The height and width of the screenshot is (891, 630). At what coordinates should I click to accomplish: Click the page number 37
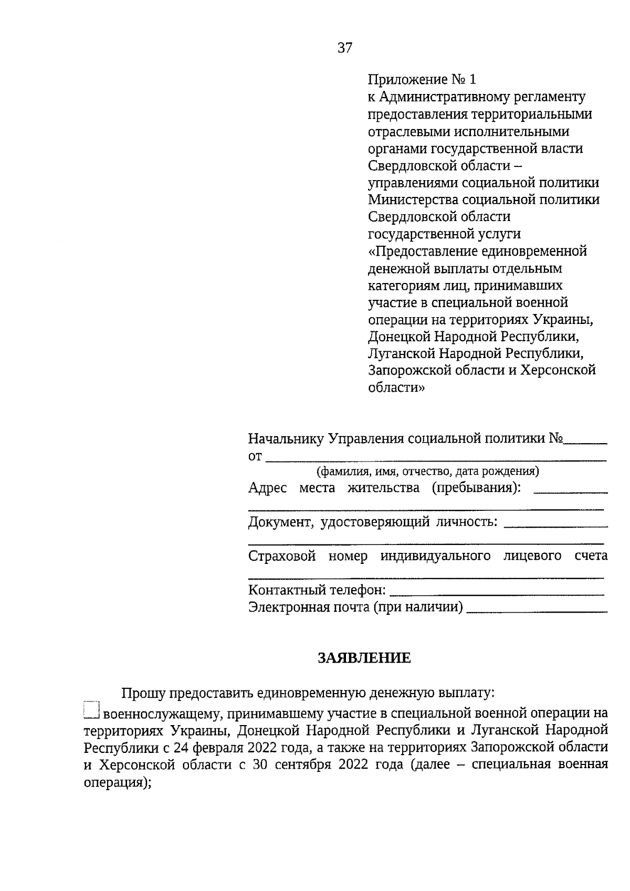click(345, 48)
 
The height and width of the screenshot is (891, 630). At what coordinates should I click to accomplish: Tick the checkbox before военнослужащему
click(91, 710)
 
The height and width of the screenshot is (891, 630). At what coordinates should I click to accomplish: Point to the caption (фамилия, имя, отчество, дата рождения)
click(428, 471)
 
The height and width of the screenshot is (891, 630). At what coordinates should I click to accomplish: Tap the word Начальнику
click(286, 439)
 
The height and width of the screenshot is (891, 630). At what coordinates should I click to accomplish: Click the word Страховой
click(282, 556)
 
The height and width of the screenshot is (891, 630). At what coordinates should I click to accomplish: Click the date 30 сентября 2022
click(311, 764)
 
